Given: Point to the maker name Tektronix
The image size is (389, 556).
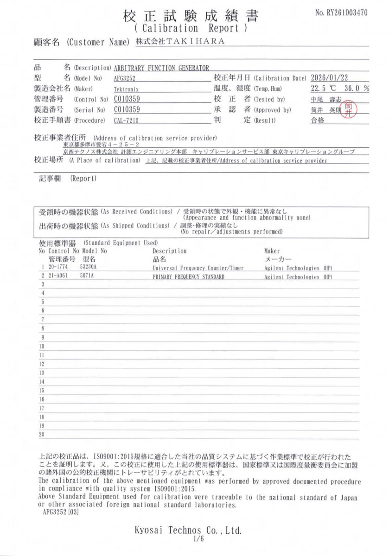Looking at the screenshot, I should (x=126, y=89).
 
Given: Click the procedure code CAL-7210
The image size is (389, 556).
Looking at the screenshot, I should (x=126, y=121).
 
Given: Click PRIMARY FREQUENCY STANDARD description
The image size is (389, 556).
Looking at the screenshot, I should (x=188, y=277).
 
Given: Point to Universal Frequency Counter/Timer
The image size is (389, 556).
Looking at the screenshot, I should (x=198, y=268).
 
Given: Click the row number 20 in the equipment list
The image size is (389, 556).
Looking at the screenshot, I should (x=42, y=434).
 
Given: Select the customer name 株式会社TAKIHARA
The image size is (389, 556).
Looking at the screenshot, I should (x=180, y=41).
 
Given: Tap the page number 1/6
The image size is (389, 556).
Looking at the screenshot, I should (x=197, y=539).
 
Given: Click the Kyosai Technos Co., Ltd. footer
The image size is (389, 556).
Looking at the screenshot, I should (x=188, y=530).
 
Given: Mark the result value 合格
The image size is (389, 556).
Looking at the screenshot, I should (x=318, y=120).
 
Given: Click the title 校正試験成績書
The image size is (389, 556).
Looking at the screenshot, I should (x=191, y=16).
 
